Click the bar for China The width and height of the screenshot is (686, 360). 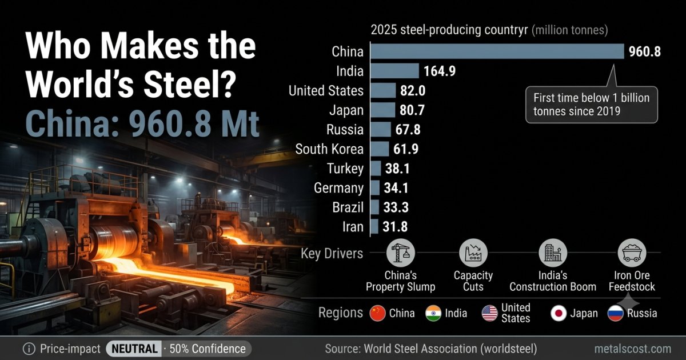click(497, 51)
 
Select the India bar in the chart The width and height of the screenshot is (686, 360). click(395, 71)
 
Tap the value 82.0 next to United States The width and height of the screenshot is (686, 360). click(413, 91)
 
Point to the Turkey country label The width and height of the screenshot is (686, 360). click(345, 169)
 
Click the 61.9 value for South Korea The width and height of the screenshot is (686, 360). click(406, 149)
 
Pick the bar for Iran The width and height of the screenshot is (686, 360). click(374, 226)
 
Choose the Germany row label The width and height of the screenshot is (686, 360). click(338, 188)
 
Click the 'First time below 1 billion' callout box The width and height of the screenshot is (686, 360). click(592, 105)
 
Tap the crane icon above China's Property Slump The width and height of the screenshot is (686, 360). click(401, 253)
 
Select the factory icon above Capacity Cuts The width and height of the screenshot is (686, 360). click(473, 253)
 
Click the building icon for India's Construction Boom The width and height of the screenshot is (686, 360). click(553, 253)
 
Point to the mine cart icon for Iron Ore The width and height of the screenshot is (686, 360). click(632, 253)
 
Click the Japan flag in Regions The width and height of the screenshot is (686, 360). click(559, 314)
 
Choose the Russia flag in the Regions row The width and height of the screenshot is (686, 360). click(616, 314)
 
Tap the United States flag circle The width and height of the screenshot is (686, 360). click(490, 314)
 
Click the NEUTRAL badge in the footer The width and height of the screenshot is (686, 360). click(134, 349)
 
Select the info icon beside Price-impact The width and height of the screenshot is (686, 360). click(29, 349)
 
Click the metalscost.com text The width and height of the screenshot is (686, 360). click(633, 349)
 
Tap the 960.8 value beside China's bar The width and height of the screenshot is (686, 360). click(645, 51)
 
